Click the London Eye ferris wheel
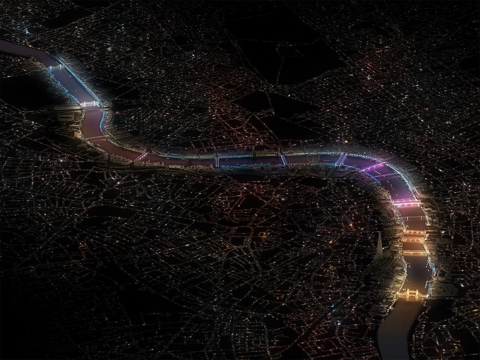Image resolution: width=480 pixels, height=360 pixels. point(312,159)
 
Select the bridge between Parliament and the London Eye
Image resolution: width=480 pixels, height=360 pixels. point(283,159)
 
